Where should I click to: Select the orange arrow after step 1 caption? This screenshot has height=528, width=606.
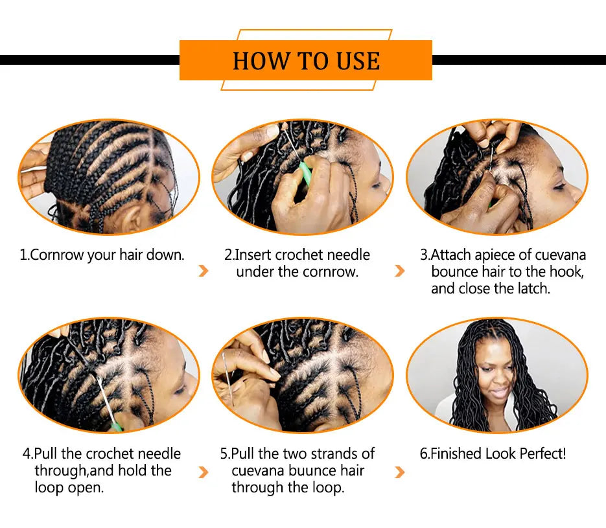[204, 271]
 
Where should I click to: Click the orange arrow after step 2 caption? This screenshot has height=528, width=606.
[400, 271]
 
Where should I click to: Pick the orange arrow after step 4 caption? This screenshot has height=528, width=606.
[204, 471]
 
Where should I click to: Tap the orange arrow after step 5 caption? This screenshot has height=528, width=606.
[400, 471]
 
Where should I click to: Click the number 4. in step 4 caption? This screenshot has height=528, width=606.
[27, 453]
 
